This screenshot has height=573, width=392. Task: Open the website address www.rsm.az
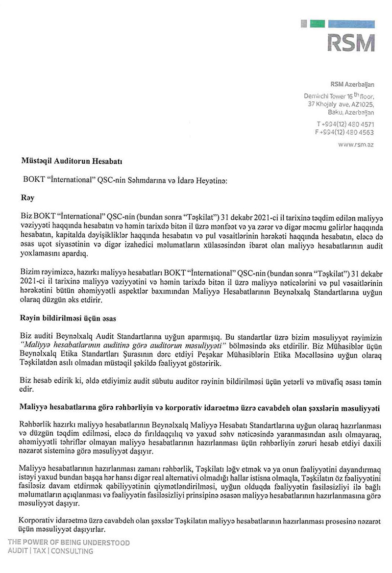356,144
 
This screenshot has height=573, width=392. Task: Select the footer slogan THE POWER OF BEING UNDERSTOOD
69,543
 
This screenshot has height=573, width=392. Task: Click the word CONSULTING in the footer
72,551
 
